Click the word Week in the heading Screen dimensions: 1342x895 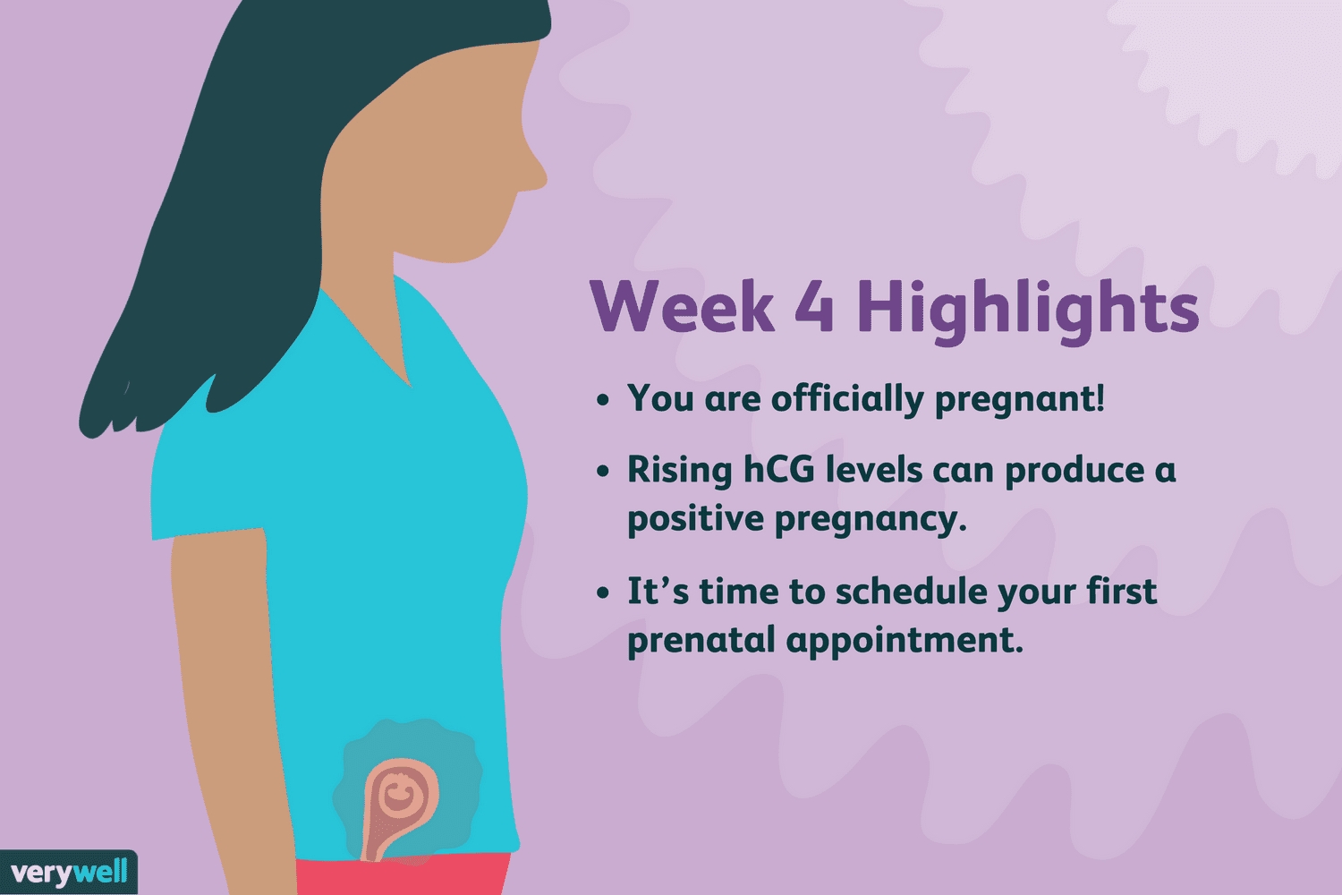coord(682,306)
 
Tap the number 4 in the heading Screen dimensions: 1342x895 coord(815,306)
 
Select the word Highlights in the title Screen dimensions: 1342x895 coord(1027,311)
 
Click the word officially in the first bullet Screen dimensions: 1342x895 coord(847,398)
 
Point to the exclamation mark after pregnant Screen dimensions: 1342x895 coord(1100,396)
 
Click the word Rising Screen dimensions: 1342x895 coord(679,470)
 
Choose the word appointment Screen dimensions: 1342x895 coord(904,640)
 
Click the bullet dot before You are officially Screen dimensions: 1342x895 coord(603,400)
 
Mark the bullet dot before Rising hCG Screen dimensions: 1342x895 coord(603,471)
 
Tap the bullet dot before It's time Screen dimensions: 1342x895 coord(603,592)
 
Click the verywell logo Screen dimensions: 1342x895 coord(68,873)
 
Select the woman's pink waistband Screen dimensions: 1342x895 coord(403,875)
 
